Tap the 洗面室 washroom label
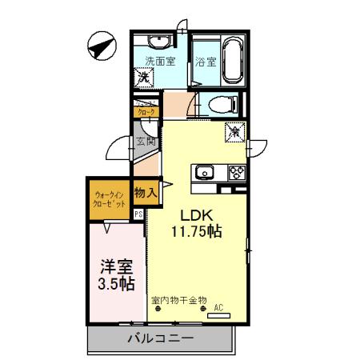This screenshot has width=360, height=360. tap(160, 62)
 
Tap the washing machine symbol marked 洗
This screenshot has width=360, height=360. tap(146, 79)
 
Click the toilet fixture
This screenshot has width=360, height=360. tap(221, 103)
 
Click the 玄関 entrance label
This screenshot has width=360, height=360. tap(144, 144)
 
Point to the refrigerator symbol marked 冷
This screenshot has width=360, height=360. tap(234, 130)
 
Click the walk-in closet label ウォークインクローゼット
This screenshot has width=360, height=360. tap(109, 199)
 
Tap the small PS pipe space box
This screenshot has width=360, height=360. tap(138, 214)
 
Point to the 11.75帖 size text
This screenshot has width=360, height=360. tap(196, 232)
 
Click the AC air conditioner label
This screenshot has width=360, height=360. tap(218, 306)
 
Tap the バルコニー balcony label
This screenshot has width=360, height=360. tap(160, 339)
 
